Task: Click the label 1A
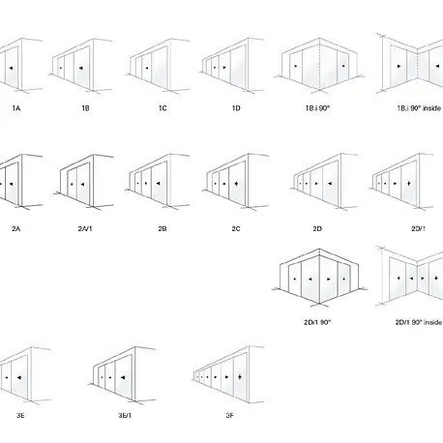16,108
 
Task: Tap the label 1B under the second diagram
85,108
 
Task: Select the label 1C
162,108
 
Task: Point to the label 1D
236,108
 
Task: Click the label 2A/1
85,229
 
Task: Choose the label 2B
162,229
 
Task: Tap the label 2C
236,229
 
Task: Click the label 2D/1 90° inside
419,322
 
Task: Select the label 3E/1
125,416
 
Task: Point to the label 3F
229,416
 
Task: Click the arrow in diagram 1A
12,68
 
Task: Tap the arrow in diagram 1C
147,68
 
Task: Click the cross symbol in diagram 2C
236,184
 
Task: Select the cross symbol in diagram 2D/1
409,184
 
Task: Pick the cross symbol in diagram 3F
240,376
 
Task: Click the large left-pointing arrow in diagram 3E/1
123,377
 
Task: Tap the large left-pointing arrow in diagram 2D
330,184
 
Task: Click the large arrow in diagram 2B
158,184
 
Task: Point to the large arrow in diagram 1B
80,68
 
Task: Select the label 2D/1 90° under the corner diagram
317,322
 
